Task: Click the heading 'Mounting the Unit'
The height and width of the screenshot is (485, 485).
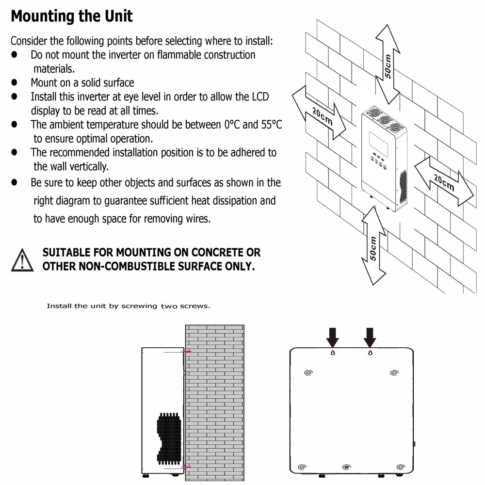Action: click(x=71, y=16)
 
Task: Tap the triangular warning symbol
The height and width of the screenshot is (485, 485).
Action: click(x=22, y=260)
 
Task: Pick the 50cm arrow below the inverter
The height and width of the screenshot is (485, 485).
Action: click(x=373, y=245)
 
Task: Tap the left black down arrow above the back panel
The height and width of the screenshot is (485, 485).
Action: click(x=333, y=336)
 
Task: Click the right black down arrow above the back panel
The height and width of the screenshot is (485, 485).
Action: click(x=370, y=336)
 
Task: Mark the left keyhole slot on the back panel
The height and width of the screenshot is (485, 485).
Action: click(x=333, y=353)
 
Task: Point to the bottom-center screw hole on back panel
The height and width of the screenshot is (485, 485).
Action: click(x=346, y=467)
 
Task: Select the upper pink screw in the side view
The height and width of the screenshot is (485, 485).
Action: click(x=186, y=351)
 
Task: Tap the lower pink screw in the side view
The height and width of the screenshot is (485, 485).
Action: click(x=186, y=467)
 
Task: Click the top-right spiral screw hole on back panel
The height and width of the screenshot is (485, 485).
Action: click(x=394, y=373)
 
